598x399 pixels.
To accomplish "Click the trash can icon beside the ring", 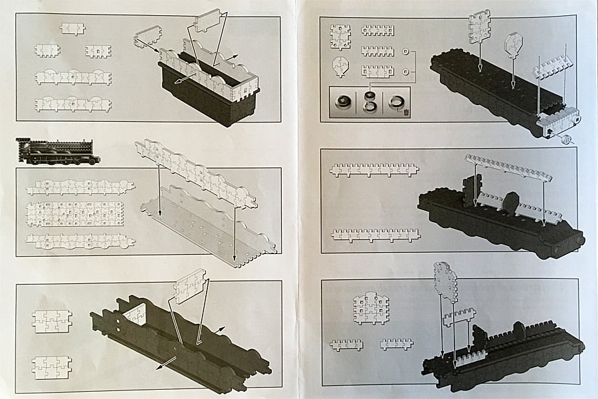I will [x=405, y=112].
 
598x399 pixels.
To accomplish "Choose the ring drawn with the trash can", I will [x=396, y=103].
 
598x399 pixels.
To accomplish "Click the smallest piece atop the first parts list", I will [x=72, y=29].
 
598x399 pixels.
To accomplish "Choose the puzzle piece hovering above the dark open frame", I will [x=190, y=287].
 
